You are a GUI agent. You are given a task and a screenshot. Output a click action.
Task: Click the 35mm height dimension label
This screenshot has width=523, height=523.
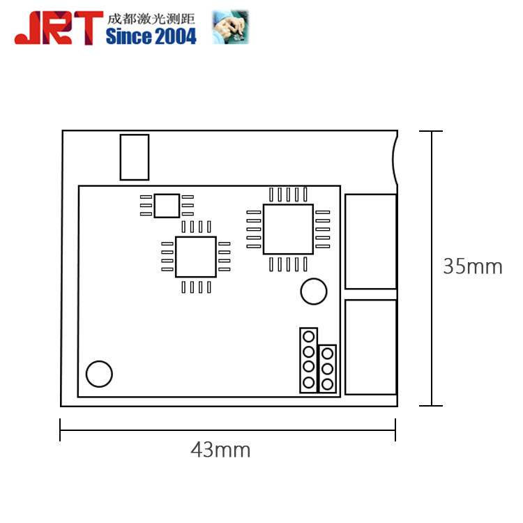point(473,266)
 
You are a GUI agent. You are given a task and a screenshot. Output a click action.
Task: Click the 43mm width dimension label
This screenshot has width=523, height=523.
point(220,450)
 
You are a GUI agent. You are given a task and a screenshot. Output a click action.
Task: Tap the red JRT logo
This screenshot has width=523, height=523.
point(59,28)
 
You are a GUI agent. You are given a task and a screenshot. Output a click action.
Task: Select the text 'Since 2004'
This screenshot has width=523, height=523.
point(151,36)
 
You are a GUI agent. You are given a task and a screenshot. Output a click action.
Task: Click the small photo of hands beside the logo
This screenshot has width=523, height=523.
point(231,26)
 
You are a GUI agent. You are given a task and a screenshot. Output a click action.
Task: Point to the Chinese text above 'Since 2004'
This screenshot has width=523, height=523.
point(151,19)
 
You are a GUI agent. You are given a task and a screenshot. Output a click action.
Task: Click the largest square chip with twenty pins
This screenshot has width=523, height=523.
point(288,229)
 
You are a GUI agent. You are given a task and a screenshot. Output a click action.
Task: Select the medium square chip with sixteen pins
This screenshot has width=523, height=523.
point(196,257)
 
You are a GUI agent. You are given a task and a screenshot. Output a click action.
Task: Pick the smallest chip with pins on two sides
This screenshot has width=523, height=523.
point(167,206)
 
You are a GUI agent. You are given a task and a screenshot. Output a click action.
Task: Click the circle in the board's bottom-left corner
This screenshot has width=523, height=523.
point(99,374)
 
